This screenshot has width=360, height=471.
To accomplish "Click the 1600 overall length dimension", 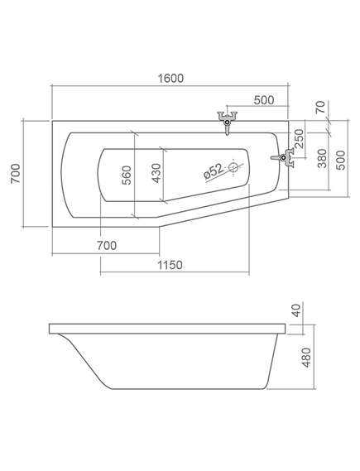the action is [x=170, y=79].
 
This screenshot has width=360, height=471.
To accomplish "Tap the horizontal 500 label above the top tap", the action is [x=264, y=100].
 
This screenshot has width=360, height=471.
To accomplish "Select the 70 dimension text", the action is [x=320, y=108].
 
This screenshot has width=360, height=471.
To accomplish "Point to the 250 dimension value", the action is [x=299, y=138].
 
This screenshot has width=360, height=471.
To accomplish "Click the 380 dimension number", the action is [x=322, y=158].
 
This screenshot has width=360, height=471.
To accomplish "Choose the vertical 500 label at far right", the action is [x=340, y=160].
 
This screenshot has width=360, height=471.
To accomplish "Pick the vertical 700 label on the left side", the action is [x=16, y=174].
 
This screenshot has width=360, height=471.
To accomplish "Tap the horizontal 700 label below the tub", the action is [x=107, y=246].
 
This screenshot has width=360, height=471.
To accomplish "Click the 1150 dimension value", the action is [x=170, y=265].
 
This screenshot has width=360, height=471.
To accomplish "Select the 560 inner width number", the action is [x=127, y=175].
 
